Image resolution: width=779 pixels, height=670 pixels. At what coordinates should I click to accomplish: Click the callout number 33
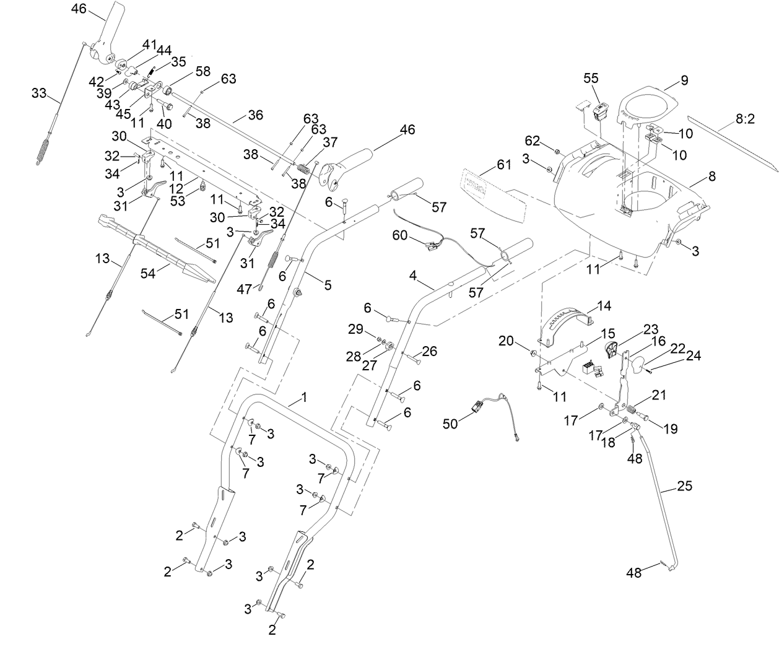(x=38, y=94)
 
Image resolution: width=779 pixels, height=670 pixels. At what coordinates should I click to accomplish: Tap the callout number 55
(x=591, y=78)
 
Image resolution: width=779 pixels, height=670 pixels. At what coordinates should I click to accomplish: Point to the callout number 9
(x=684, y=80)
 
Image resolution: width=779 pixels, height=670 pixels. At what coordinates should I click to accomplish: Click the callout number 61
(x=504, y=165)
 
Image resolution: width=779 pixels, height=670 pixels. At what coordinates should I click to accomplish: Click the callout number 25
(x=684, y=486)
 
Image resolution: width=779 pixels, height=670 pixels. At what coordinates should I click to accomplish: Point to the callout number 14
(x=604, y=305)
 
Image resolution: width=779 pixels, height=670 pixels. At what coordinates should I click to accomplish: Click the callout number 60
(x=401, y=235)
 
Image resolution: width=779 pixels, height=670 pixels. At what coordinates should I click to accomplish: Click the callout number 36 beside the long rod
(x=255, y=115)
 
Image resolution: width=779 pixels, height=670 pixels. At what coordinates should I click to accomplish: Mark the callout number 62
(x=533, y=140)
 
